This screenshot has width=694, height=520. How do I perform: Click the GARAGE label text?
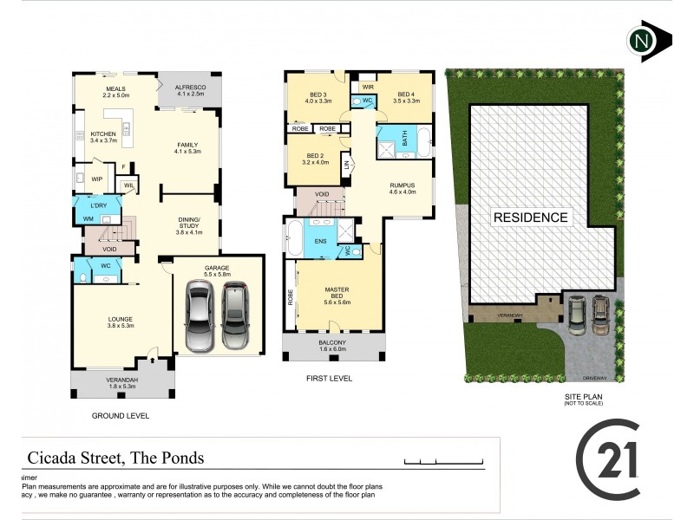coord(216,270)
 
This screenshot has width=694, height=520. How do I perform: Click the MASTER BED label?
coord(337,292)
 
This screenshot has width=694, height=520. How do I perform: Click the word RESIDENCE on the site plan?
coord(530,217)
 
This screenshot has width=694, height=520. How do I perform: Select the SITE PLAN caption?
coord(583,398)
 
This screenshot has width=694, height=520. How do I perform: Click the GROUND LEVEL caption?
coord(121,416)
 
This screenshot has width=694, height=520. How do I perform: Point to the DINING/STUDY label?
coord(189,226)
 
